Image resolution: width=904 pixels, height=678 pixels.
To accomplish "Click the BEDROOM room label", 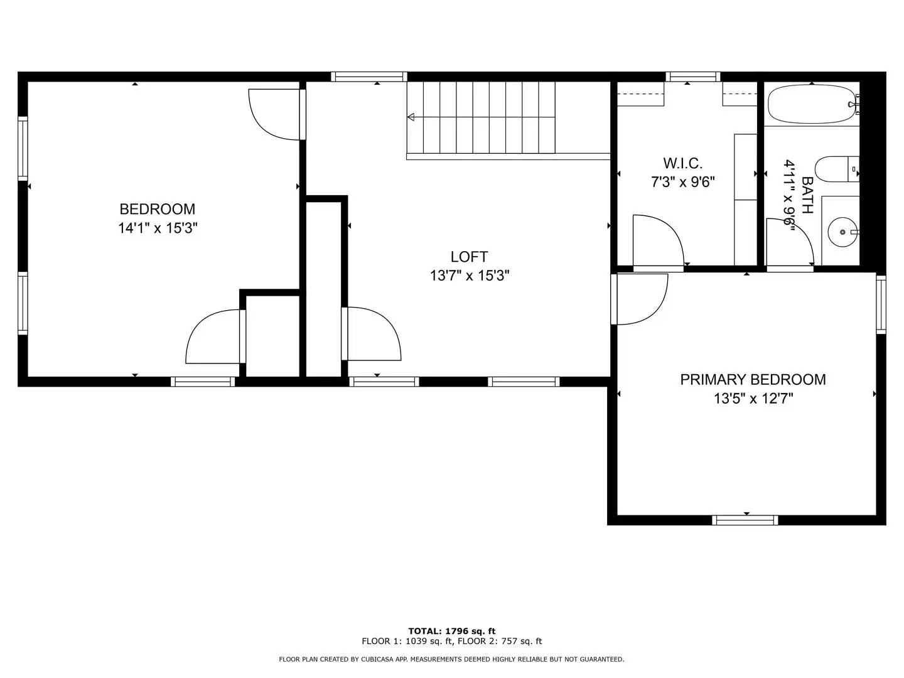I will point(158,209).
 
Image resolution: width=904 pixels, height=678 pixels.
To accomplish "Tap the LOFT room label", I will point(469,257).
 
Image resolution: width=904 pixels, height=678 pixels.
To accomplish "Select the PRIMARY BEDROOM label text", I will point(753,379).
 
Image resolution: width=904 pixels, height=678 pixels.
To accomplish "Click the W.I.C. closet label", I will point(682,164).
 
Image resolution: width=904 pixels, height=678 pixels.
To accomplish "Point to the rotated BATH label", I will point(807,195).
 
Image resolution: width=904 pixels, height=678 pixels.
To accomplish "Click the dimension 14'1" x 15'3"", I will point(158,228).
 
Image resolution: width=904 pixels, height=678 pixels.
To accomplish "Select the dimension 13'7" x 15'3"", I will point(469,276).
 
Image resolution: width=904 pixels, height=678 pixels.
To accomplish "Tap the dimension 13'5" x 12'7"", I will point(753,398).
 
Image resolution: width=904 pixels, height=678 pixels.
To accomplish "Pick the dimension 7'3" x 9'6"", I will point(682,183).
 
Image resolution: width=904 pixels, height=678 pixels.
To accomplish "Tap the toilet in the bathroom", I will point(835,169).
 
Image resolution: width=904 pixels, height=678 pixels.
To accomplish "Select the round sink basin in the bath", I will point(841,232).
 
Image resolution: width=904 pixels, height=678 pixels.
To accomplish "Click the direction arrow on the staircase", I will point(411,117).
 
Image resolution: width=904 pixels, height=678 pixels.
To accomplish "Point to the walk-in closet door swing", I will point(657,242).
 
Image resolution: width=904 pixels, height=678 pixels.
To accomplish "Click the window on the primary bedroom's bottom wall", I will point(745,520).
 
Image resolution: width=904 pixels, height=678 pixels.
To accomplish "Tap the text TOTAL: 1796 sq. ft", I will point(451,631).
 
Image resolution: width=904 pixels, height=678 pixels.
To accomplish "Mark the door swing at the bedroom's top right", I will point(275,114).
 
